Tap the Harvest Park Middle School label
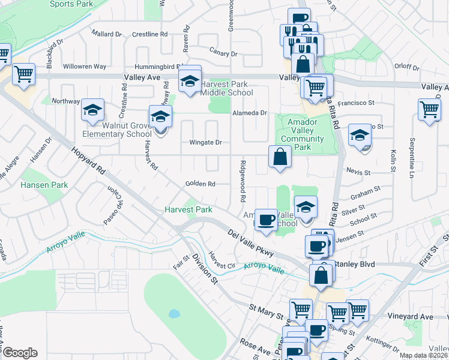pos(226,89)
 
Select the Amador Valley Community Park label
pos(302,134)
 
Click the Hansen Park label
pos(44,185)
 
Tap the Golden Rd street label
pos(200,184)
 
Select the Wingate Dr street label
pos(206,143)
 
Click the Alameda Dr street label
pos(249,112)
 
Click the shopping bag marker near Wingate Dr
pos(280,157)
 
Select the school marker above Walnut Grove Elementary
pos(93,110)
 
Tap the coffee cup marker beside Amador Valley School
pos(265,219)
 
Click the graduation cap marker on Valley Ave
pos(190,80)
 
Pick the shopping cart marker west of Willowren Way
pos(23,74)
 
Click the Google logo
pos(20,353)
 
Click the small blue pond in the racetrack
pos(173,313)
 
